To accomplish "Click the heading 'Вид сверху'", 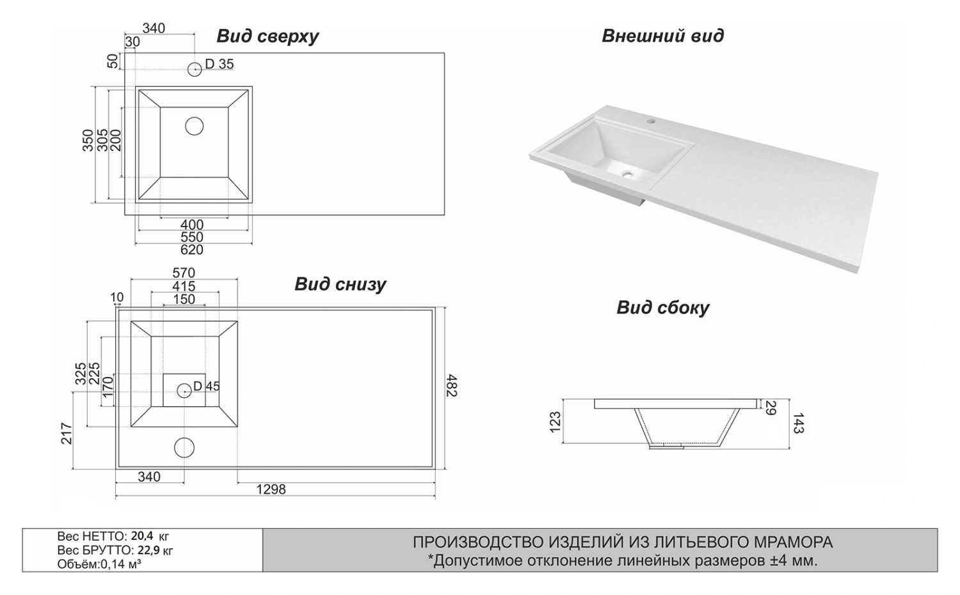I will pyautogui.click(x=268, y=36).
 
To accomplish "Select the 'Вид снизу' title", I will pyautogui.click(x=340, y=283).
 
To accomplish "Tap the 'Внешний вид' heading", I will pyautogui.click(x=662, y=35).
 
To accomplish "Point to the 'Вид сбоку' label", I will pyautogui.click(x=662, y=308).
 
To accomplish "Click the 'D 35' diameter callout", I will pyautogui.click(x=219, y=64).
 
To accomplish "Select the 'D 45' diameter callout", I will pyautogui.click(x=206, y=386).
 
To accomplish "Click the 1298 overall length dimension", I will pyautogui.click(x=271, y=489).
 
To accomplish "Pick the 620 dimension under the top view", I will pyautogui.click(x=191, y=250).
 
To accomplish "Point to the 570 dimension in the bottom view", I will pyautogui.click(x=184, y=273).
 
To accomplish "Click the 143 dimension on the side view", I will pyautogui.click(x=798, y=423).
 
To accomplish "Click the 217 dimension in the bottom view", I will pyautogui.click(x=67, y=433).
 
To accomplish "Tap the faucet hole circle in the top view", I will pyautogui.click(x=195, y=68).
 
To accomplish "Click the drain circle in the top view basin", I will pyautogui.click(x=194, y=126).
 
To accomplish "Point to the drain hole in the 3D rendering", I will pyautogui.click(x=628, y=172).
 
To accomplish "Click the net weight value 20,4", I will pyautogui.click(x=141, y=536).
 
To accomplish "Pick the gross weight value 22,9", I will pyautogui.click(x=143, y=550).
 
